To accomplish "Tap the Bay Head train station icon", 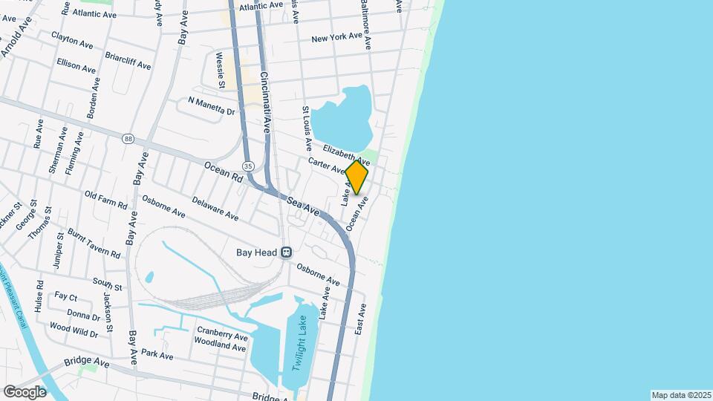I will [286, 252].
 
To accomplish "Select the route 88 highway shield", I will [128, 138].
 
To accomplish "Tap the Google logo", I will [25, 391].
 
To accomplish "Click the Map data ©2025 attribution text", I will [680, 395].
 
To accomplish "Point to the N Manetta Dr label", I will [211, 106].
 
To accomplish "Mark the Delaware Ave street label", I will [215, 209].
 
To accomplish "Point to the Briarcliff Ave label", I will [128, 61].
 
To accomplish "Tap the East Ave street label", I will [360, 318].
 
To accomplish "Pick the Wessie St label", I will [220, 67].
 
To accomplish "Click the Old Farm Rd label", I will [106, 200].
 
